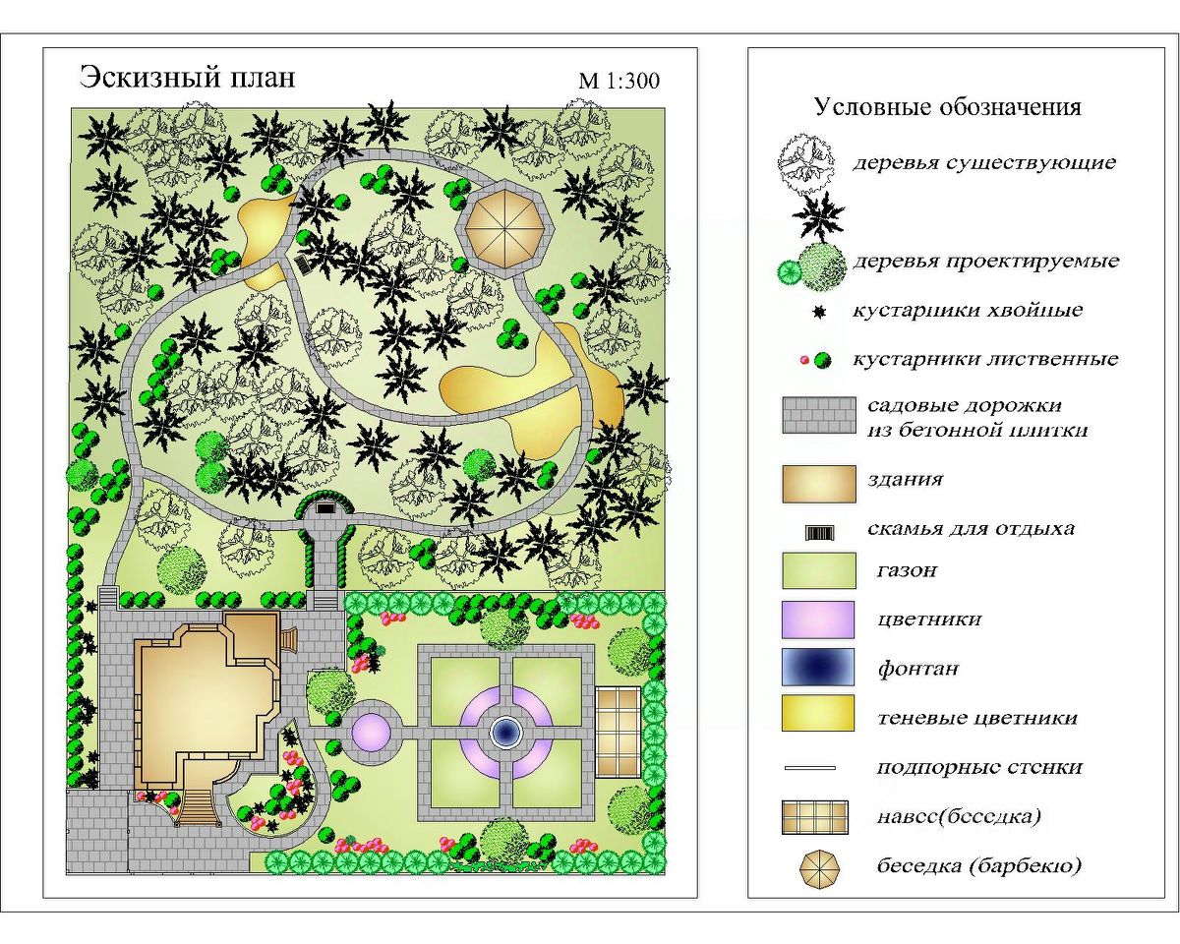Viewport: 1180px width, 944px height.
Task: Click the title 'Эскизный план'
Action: click(187, 77)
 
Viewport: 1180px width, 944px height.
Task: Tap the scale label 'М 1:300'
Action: click(619, 81)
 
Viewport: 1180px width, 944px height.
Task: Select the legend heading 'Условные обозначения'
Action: click(947, 106)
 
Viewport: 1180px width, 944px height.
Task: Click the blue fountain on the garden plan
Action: click(505, 731)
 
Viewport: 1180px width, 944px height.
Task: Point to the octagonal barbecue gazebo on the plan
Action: click(508, 227)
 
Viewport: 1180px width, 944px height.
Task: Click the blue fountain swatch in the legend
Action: click(817, 667)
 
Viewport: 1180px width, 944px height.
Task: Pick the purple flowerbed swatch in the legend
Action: click(817, 619)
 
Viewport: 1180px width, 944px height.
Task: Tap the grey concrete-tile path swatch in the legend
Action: click(817, 416)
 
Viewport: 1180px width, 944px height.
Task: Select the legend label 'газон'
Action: click(906, 569)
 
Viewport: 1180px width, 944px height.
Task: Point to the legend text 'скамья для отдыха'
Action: click(971, 528)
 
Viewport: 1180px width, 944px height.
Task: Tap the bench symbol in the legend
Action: click(819, 532)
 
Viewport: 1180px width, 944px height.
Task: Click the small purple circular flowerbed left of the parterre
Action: click(372, 731)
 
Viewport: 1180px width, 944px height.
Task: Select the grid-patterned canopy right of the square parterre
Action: click(618, 730)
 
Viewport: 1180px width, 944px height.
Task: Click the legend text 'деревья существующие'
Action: click(983, 162)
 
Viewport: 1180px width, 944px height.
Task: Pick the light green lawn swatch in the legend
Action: click(817, 569)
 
